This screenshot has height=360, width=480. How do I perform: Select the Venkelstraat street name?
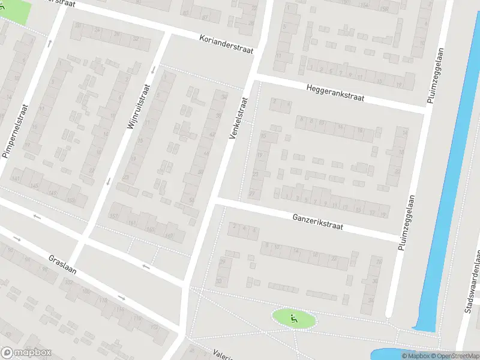(238, 118)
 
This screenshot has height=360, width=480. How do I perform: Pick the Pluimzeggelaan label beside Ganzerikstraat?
(406, 221)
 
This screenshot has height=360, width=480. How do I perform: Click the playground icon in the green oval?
(293, 319)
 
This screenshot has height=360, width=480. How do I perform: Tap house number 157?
(114, 216)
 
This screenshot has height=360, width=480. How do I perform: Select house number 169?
(169, 235)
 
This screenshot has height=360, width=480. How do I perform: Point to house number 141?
(16, 179)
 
